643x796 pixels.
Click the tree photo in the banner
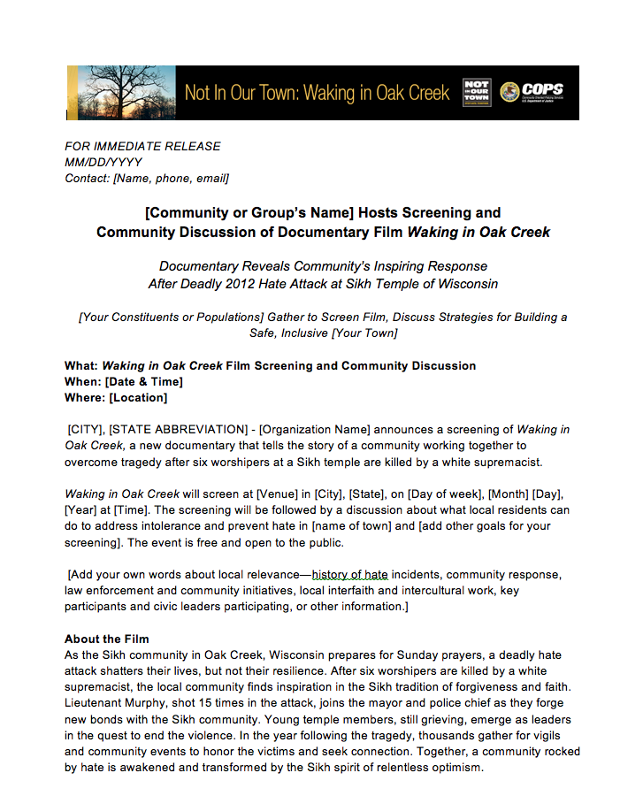tap(116, 93)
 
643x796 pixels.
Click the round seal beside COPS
tap(509, 92)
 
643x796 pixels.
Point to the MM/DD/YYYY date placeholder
tap(103, 162)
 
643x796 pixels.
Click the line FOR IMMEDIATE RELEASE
tap(142, 146)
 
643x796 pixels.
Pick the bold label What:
tap(81, 365)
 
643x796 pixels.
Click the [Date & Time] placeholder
tap(143, 381)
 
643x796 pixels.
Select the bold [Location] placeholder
tap(137, 397)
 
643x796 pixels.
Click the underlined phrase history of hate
tap(350, 575)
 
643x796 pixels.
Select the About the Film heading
tap(106, 639)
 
